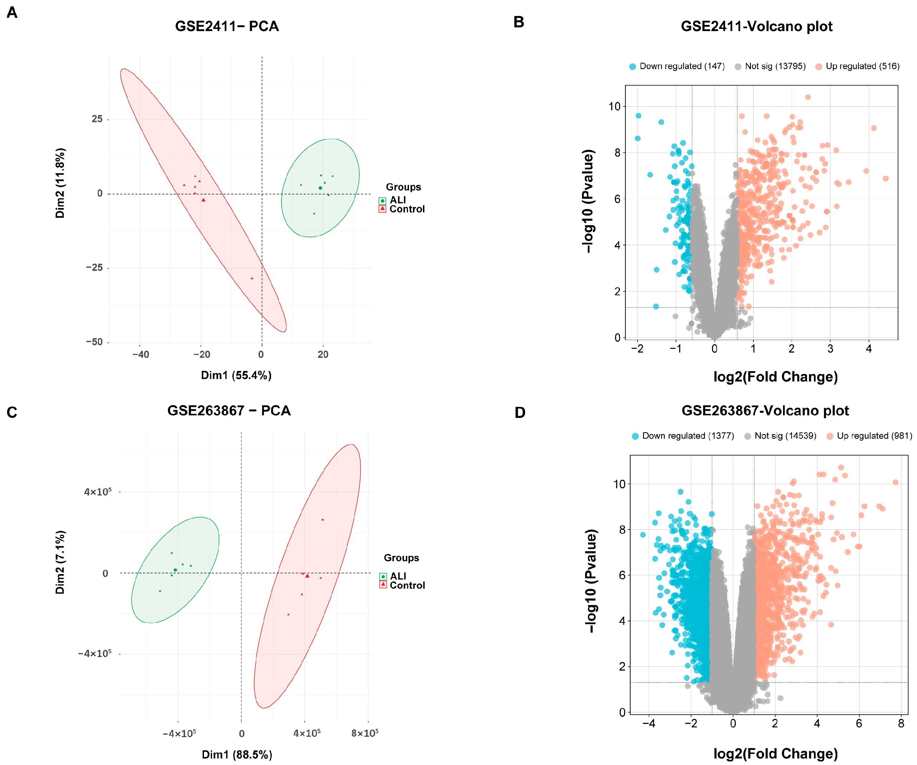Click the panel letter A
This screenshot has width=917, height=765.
(x=12, y=12)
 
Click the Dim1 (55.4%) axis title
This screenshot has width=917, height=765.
(x=236, y=375)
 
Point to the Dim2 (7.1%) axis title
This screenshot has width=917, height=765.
(x=60, y=562)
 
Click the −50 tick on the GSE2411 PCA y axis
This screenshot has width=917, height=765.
(x=95, y=342)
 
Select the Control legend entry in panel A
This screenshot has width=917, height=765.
(x=406, y=209)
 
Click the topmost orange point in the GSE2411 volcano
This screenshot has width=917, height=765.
(x=808, y=97)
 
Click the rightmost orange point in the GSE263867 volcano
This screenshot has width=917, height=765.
(x=896, y=482)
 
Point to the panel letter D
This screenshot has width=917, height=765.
(x=520, y=413)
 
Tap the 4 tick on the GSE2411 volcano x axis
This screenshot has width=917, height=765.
(x=869, y=349)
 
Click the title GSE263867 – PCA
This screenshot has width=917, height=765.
(x=229, y=411)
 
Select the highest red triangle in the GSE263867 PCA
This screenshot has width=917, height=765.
(x=323, y=519)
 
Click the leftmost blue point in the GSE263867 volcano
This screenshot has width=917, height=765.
(x=643, y=535)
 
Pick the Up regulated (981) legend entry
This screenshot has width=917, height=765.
(x=873, y=436)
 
